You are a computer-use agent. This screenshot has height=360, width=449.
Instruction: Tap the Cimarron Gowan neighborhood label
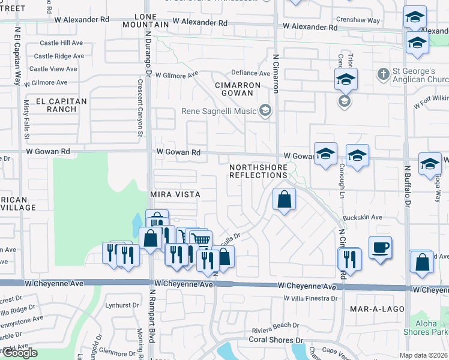pyautogui.click(x=238, y=89)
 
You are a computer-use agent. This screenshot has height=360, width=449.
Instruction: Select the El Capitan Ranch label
pyautogui.click(x=61, y=105)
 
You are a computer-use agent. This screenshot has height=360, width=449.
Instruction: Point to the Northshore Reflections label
pyautogui.click(x=259, y=170)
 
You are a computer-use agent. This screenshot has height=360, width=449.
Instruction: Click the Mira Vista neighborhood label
pyautogui.click(x=175, y=195)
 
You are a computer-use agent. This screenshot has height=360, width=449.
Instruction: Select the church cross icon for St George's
pyautogui.click(x=384, y=74)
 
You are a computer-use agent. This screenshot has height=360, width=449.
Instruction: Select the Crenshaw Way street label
pyautogui.click(x=358, y=20)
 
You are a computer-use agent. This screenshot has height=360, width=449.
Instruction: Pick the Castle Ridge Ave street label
pyautogui.click(x=59, y=56)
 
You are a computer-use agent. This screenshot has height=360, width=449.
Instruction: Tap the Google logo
pyautogui.click(x=19, y=353)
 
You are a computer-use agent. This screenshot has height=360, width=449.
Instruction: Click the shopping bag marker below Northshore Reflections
pyautogui.click(x=285, y=200)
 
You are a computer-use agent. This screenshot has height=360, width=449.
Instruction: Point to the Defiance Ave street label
pyautogui.click(x=252, y=73)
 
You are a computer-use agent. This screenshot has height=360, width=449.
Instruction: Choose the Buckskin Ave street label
pyautogui.click(x=363, y=217)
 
